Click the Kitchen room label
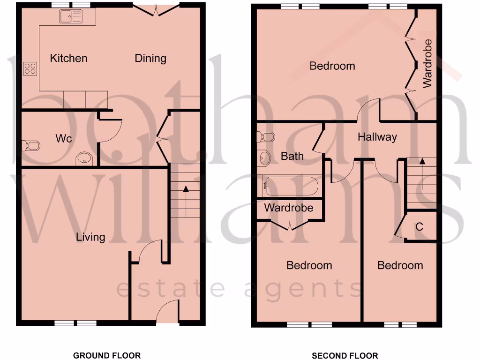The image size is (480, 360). (68, 58)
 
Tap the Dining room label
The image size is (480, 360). (150, 58)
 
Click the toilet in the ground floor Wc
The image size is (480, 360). (31, 146)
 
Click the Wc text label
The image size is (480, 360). (63, 139)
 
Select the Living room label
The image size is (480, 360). (90, 237)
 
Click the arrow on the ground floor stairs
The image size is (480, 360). (186, 189)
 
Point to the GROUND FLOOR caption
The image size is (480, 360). (106, 355)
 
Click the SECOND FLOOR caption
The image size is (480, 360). (345, 355)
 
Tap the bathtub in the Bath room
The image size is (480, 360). (291, 186)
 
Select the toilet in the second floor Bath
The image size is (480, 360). (266, 137)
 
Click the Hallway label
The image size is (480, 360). (377, 137)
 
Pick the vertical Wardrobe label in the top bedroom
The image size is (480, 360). (427, 63)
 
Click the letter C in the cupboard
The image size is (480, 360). (420, 227)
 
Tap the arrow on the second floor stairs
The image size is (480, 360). (422, 162)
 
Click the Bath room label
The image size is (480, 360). (292, 156)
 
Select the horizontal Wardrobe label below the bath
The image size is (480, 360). (288, 208)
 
